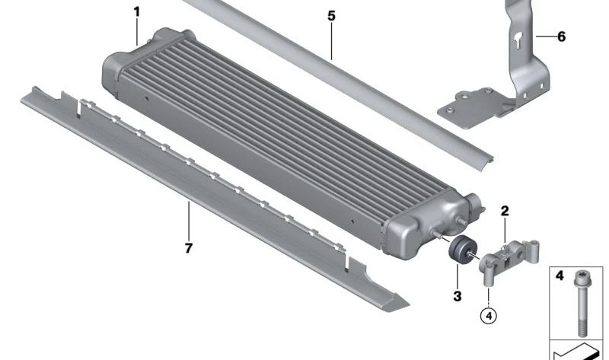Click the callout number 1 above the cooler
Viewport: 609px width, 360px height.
coord(137,12)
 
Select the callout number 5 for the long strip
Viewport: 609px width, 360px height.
coord(331,16)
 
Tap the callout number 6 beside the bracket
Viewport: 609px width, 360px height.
coord(561,37)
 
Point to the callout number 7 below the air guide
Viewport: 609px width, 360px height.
coord(188,248)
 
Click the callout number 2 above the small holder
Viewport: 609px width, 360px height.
coord(505,212)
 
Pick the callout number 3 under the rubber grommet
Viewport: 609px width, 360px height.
coord(458,296)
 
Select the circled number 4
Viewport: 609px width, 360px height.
coord(489,316)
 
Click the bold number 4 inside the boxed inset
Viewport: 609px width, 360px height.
coord(560,276)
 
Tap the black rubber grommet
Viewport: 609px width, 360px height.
coord(462,250)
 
